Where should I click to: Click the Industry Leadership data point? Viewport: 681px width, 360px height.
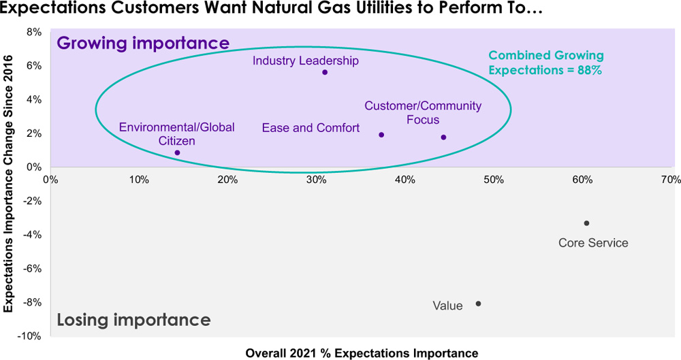click(325, 72)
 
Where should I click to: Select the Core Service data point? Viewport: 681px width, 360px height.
click(586, 223)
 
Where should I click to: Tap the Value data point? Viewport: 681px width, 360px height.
click(478, 304)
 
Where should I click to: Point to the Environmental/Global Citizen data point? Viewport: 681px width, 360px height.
click(177, 152)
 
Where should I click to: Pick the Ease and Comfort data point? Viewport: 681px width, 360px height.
click(381, 135)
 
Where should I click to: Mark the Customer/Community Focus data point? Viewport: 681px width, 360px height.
click(443, 137)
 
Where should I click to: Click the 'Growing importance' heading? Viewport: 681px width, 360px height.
click(143, 43)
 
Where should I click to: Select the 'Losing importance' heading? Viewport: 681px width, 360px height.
click(133, 320)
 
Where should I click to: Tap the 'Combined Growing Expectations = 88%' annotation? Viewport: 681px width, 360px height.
click(545, 63)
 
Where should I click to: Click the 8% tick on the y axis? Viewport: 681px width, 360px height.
click(33, 32)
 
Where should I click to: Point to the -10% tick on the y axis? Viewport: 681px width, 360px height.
click(30, 336)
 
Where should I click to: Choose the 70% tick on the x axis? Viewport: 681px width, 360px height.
click(671, 180)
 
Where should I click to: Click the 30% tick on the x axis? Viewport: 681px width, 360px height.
click(316, 180)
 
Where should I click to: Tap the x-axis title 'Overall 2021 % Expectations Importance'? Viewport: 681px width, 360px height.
click(362, 353)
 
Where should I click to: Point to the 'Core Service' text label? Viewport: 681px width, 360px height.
click(593, 243)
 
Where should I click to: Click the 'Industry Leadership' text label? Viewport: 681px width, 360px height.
click(305, 61)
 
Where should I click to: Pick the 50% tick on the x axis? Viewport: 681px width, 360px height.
click(493, 180)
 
